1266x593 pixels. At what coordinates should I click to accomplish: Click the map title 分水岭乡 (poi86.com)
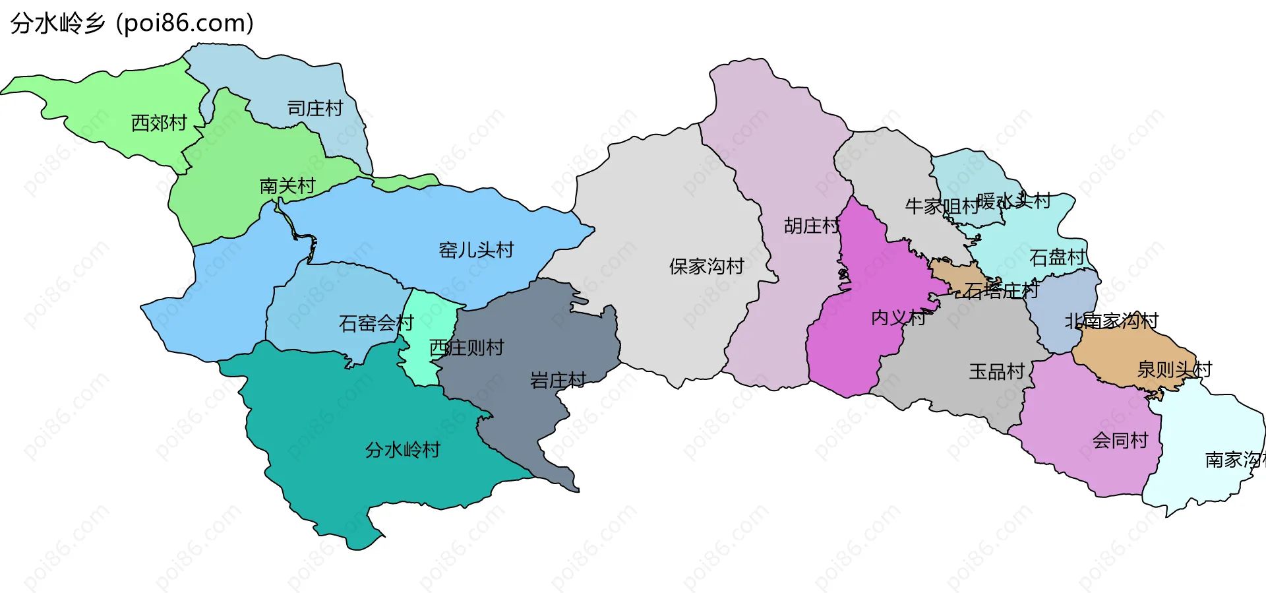132,24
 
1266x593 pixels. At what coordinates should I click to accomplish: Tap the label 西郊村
159,123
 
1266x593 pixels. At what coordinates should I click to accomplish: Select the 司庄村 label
315,108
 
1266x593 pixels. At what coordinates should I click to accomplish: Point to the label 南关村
287,185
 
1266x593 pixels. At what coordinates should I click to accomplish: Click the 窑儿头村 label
476,250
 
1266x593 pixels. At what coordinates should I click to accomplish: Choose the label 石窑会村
376,323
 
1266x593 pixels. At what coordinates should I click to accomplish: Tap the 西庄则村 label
467,348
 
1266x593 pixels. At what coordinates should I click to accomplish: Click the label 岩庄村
558,380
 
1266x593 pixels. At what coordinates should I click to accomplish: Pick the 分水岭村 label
402,450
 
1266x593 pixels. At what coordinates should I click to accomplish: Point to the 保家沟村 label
706,266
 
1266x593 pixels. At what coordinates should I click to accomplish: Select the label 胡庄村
812,226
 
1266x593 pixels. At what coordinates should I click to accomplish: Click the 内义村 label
898,318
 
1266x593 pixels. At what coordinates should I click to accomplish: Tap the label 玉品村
996,371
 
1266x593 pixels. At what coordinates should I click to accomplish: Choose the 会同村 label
1120,440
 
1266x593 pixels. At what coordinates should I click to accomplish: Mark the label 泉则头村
1174,369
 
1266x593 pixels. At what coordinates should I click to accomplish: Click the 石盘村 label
1057,257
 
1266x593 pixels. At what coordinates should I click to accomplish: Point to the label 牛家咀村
942,206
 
